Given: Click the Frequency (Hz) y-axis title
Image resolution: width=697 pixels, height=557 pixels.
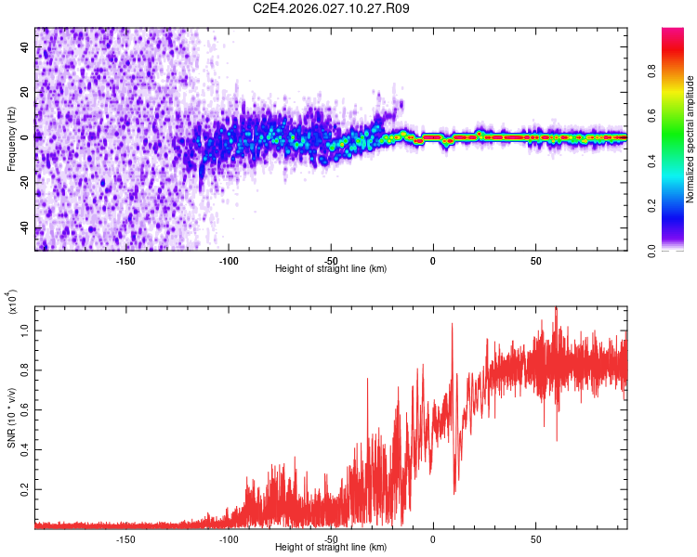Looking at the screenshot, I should point(12,139).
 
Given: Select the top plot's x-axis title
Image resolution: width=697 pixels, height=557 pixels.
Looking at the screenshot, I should point(331,269).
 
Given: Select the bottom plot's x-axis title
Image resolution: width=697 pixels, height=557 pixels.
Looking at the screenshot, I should point(331,549).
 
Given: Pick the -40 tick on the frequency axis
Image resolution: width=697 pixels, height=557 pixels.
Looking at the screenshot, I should point(25,228).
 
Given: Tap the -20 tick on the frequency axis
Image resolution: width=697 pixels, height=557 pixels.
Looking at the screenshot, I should point(25,183).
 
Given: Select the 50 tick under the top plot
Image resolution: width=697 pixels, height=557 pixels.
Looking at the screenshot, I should point(536,260).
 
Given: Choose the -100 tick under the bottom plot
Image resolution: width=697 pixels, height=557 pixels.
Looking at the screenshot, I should point(229,538).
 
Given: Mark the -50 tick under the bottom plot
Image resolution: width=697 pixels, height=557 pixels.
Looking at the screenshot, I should point(331,538).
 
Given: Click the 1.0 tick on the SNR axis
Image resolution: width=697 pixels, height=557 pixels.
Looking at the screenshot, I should point(25,330).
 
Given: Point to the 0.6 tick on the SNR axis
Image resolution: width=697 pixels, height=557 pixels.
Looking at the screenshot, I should point(25,409).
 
